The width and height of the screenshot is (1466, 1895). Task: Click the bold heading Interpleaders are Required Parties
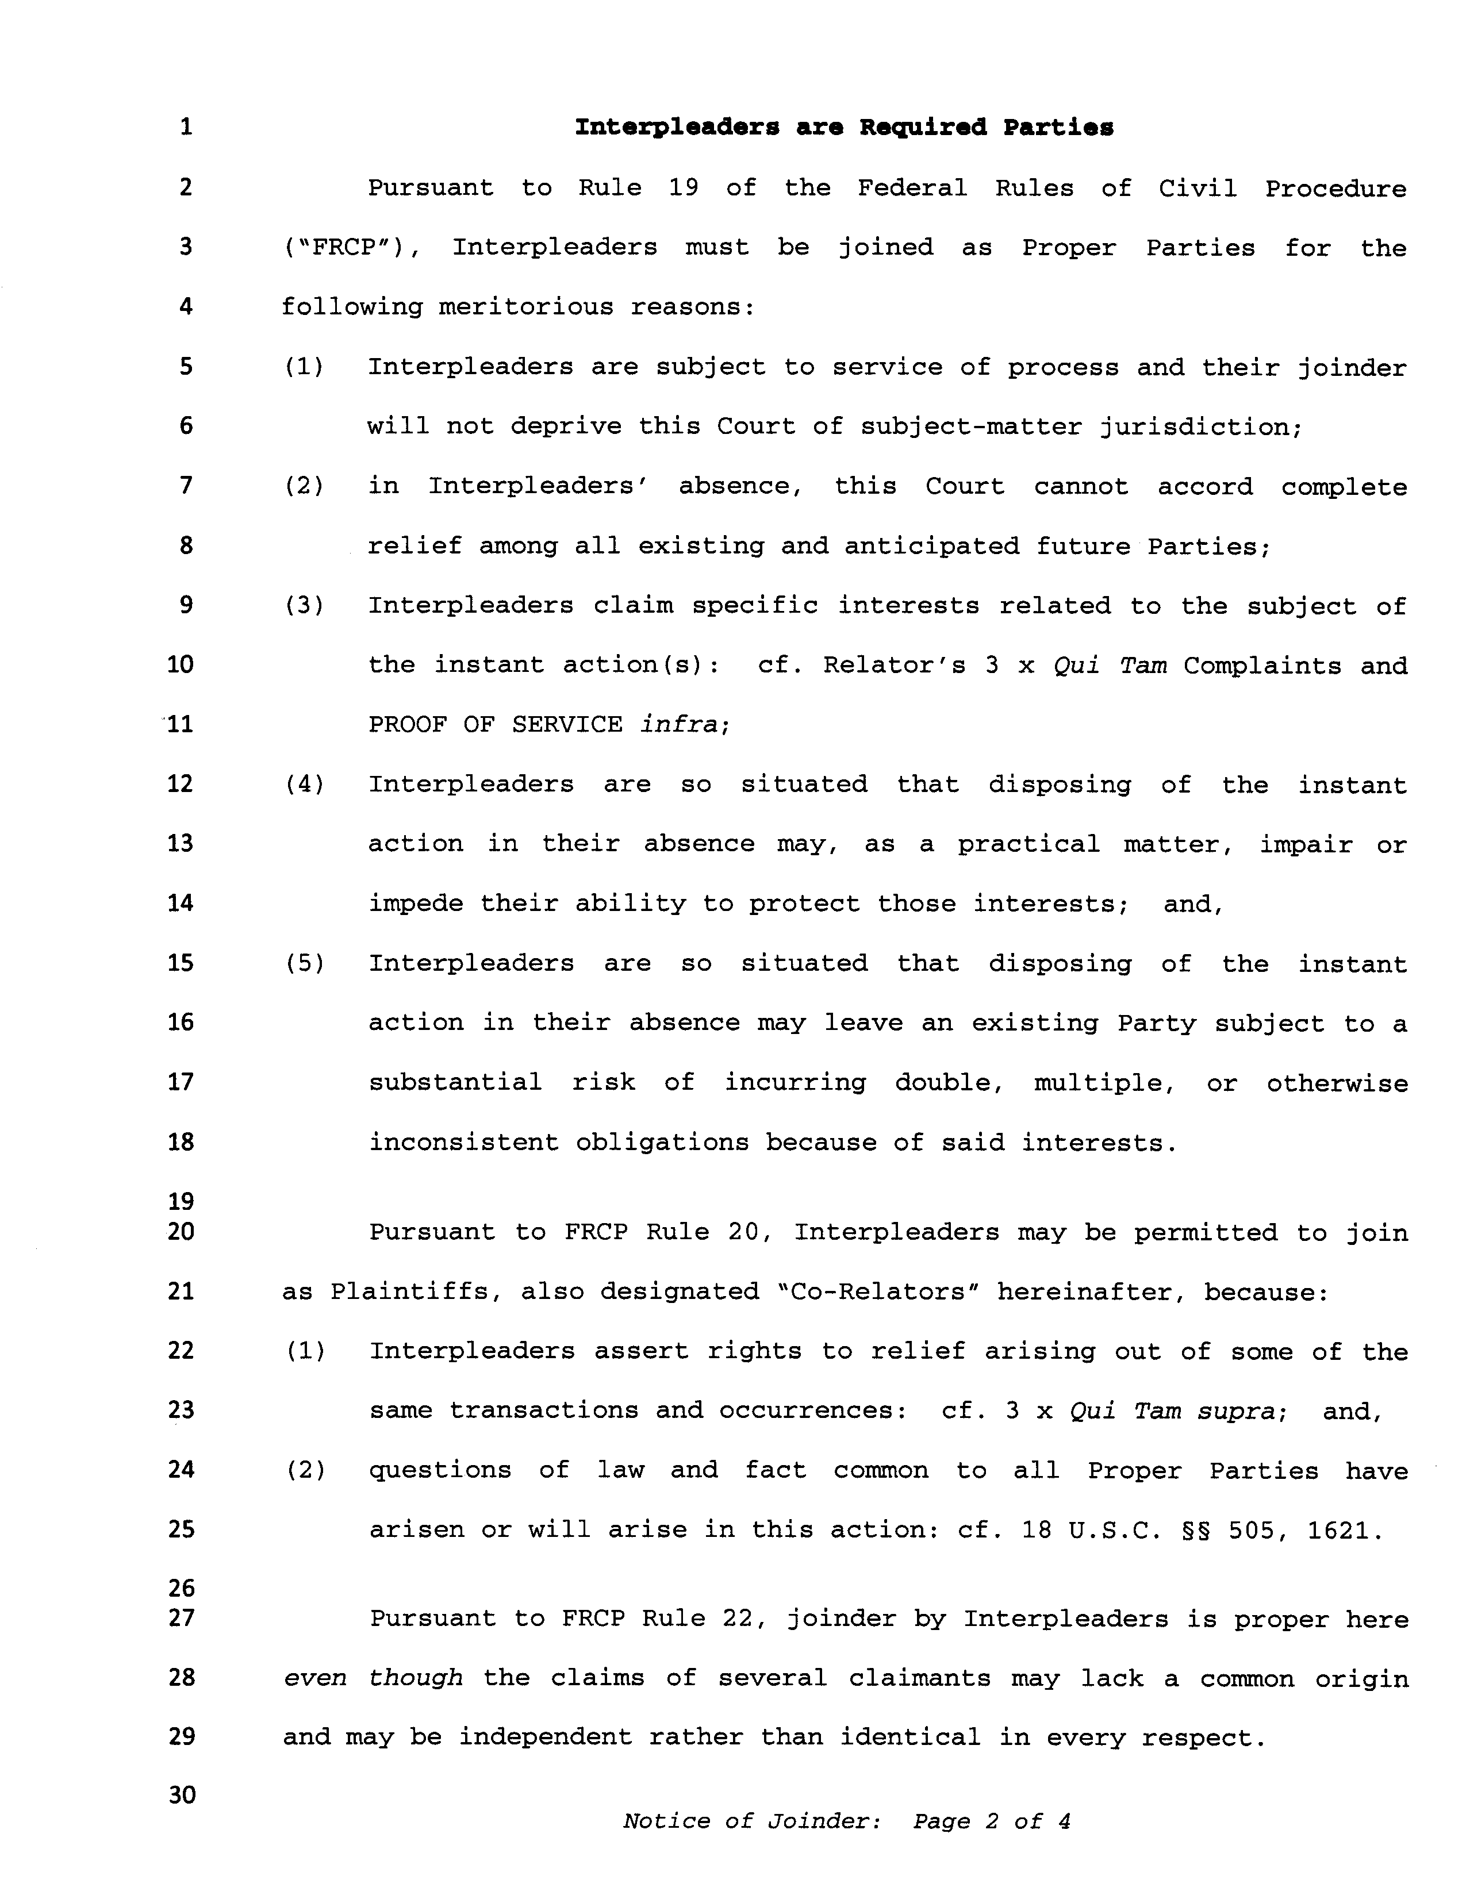point(843,128)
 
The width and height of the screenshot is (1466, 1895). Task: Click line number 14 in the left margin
point(180,904)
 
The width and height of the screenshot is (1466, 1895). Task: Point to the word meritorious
point(526,307)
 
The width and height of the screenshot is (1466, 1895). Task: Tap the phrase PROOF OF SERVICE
point(495,725)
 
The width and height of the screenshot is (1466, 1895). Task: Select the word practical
point(1028,844)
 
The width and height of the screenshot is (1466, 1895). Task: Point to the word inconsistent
point(463,1142)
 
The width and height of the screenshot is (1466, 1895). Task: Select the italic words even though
point(373,1678)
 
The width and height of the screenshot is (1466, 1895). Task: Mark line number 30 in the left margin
point(182,1794)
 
